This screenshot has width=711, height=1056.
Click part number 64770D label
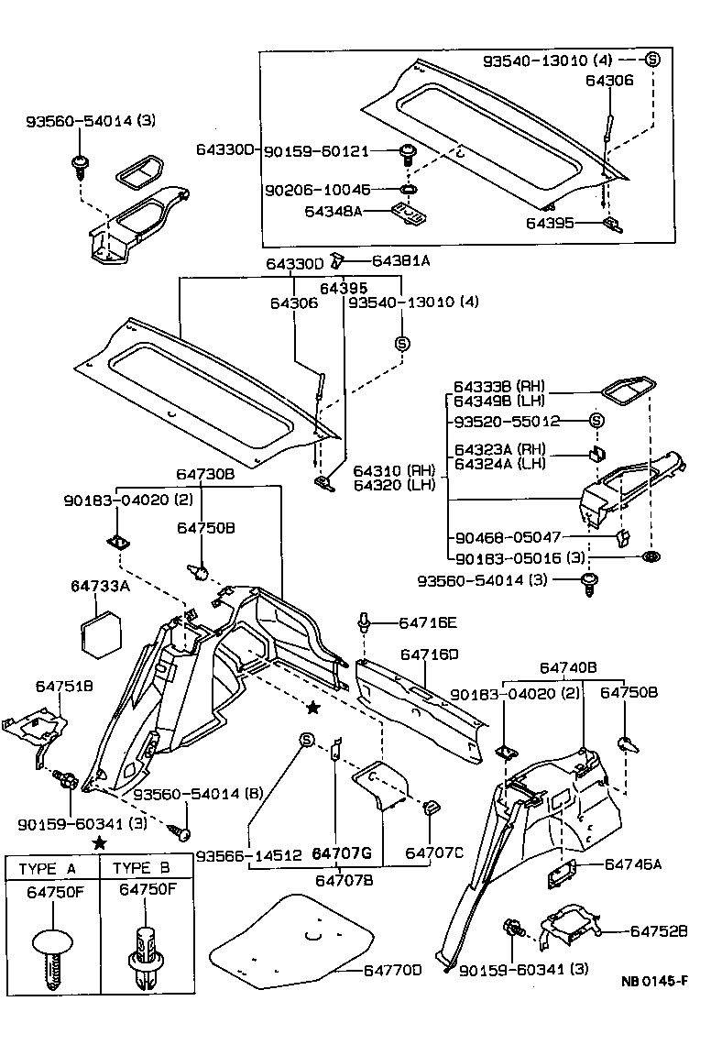(x=392, y=970)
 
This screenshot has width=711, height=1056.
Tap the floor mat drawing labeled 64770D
(x=291, y=937)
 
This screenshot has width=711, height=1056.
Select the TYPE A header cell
(x=53, y=868)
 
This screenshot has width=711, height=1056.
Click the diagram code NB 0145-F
(x=654, y=981)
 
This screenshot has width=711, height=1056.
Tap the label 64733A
(x=100, y=586)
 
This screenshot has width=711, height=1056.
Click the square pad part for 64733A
(x=102, y=633)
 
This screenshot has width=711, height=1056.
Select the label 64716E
(x=428, y=622)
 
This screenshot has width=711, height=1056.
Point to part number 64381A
(x=400, y=260)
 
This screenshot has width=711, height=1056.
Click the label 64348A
(x=334, y=212)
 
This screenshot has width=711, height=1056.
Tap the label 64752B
(x=659, y=930)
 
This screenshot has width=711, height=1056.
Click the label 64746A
(x=633, y=864)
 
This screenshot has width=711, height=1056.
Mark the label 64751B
(x=64, y=687)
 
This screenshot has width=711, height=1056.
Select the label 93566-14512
(x=249, y=855)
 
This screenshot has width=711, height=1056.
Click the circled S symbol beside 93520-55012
(x=596, y=421)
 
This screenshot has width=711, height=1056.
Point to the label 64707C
(x=434, y=853)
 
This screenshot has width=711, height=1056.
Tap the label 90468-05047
(x=509, y=537)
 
